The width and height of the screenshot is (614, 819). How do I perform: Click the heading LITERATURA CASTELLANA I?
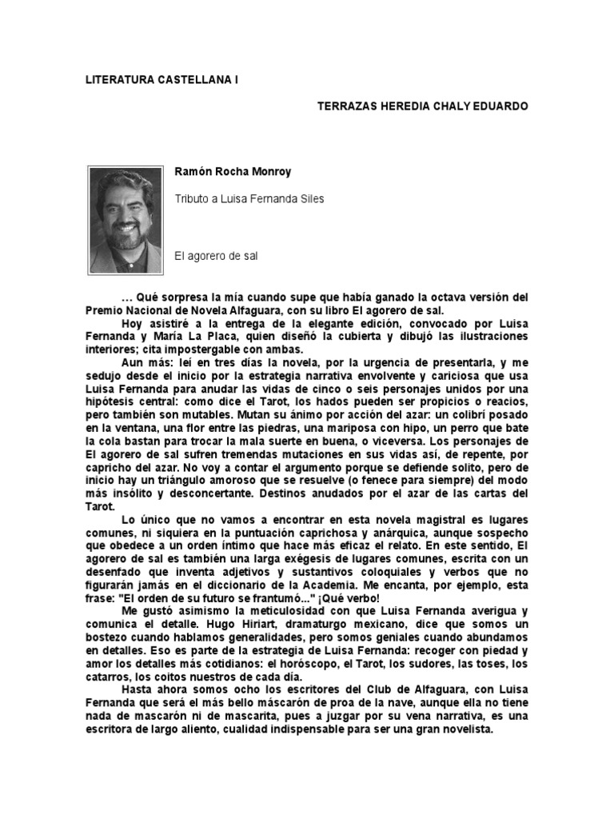(162, 81)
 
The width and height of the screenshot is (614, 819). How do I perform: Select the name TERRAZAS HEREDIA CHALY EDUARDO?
(423, 106)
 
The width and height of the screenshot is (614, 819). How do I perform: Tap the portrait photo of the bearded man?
(125, 220)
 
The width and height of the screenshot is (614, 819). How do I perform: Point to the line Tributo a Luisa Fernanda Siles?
(249, 199)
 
